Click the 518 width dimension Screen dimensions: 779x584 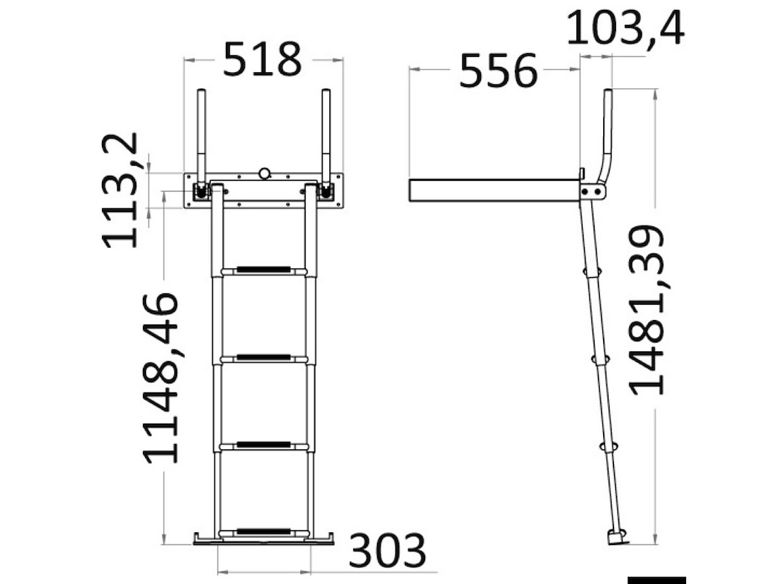pos(262,59)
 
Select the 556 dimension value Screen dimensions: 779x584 pos(498,71)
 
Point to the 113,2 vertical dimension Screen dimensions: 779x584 pos(119,190)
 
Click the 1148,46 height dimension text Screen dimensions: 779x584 pos(160,378)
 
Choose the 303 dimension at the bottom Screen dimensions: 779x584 pos(387,551)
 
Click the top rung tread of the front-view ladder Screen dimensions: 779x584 pos(264,270)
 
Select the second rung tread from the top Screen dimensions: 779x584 pos(264,358)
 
